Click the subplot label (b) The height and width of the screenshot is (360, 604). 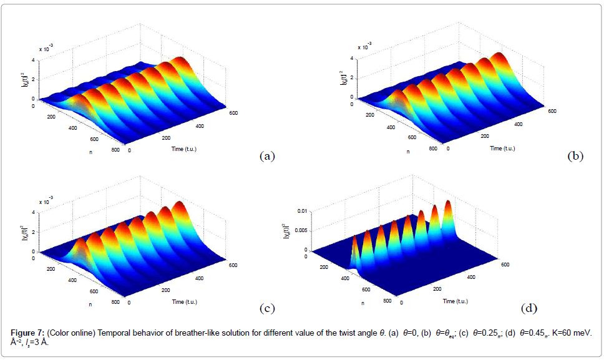click(575, 156)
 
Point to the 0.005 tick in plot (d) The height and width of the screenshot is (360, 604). click(298, 231)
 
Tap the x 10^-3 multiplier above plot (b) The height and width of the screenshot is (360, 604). click(363, 46)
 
